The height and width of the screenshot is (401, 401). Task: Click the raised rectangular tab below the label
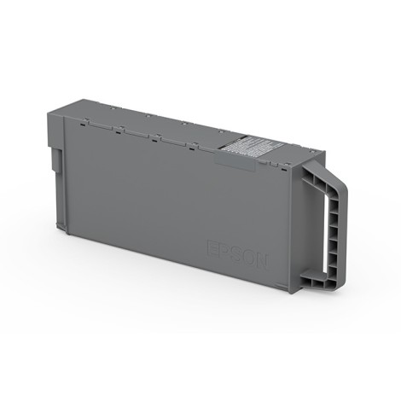237,159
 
